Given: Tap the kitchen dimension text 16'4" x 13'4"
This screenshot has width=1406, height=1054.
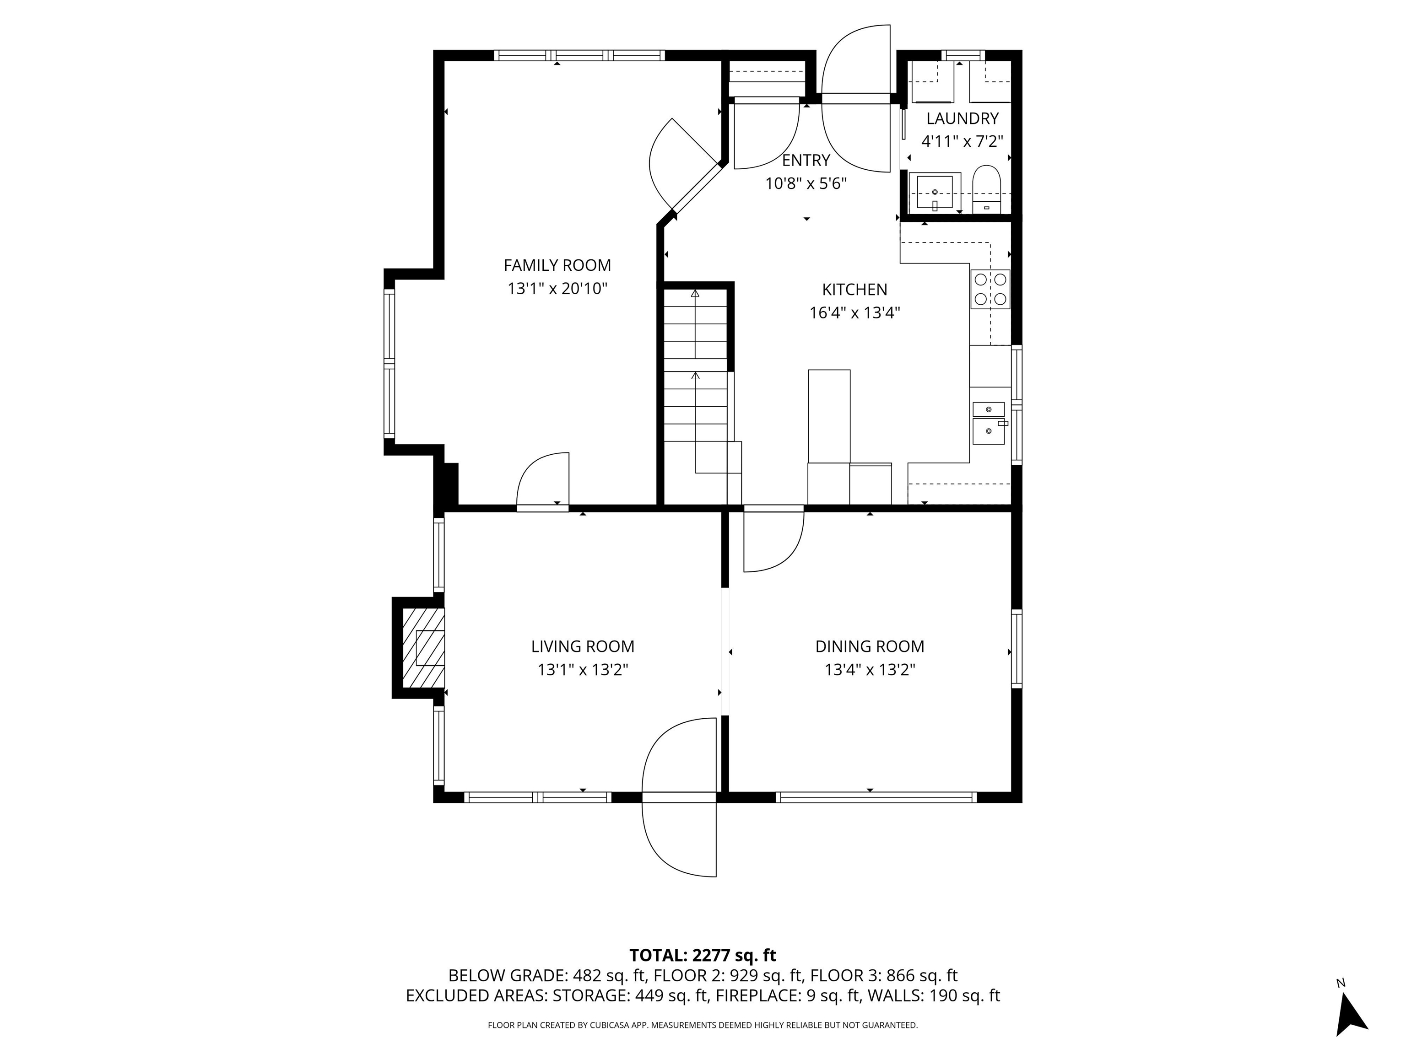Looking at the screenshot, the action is pyautogui.click(x=854, y=312).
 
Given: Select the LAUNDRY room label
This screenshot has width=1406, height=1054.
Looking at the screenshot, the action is pyautogui.click(x=963, y=118).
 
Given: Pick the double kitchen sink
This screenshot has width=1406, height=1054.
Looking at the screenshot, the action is pyautogui.click(x=989, y=423).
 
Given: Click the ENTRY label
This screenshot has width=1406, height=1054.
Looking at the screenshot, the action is pyautogui.click(x=806, y=160).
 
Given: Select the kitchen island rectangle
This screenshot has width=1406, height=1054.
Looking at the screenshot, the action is pyautogui.click(x=829, y=417).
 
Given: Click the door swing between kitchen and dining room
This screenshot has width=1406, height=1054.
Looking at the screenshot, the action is pyautogui.click(x=773, y=539).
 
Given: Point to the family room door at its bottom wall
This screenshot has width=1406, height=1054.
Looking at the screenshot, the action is pyautogui.click(x=543, y=482).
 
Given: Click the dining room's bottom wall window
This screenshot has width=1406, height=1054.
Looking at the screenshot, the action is pyautogui.click(x=876, y=797).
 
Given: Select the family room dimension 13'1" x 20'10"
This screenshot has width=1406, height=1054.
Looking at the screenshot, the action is pyautogui.click(x=557, y=289).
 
